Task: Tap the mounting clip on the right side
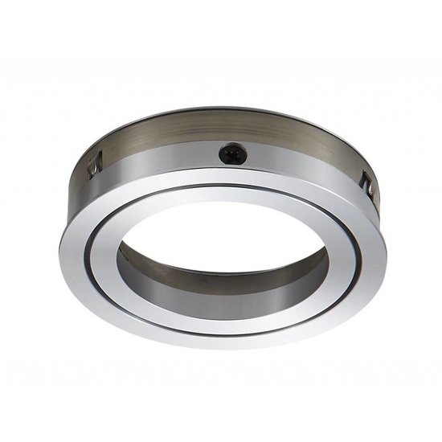click(366, 186)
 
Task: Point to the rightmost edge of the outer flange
click(387, 245)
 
